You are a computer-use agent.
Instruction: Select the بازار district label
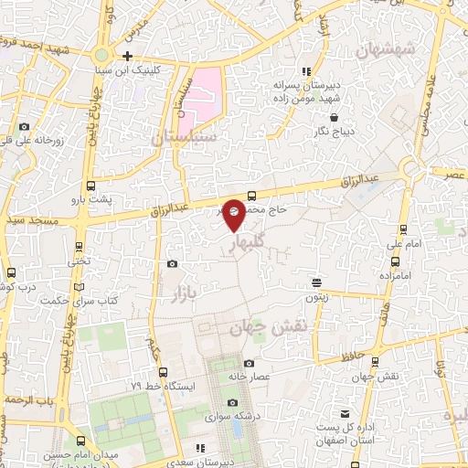pyautogui.click(x=184, y=291)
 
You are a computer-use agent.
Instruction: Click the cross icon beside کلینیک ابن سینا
pyautogui.click(x=128, y=56)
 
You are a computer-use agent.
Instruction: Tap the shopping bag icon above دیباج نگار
pyautogui.click(x=334, y=117)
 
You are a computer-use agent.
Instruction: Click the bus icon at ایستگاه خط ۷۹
pyautogui.click(x=163, y=372)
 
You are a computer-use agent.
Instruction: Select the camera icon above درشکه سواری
pyautogui.click(x=232, y=403)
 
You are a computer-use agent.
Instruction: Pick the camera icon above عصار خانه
pyautogui.click(x=250, y=364)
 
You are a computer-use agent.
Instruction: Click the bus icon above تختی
pyautogui.click(x=80, y=247)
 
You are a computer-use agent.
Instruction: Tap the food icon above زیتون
pyautogui.click(x=315, y=282)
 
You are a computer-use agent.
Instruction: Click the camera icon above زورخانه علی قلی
pyautogui.click(x=24, y=127)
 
